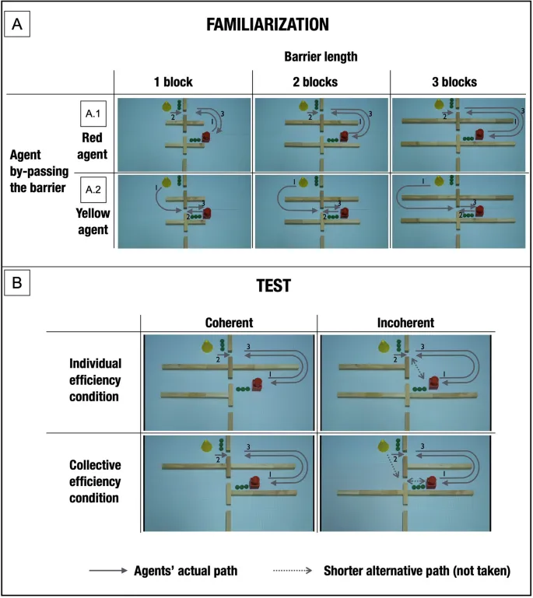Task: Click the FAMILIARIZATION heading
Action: click(x=267, y=25)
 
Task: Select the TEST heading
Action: click(x=268, y=286)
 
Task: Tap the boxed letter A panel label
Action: click(x=16, y=24)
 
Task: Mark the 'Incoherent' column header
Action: click(x=406, y=323)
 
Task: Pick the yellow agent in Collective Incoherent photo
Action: click(x=382, y=446)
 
